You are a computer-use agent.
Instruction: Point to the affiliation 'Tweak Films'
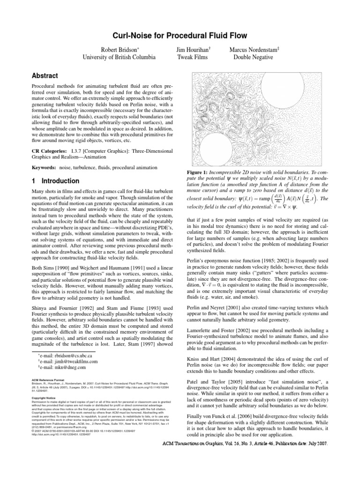click(x=194, y=58)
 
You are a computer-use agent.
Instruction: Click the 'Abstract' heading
click(x=45, y=75)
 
